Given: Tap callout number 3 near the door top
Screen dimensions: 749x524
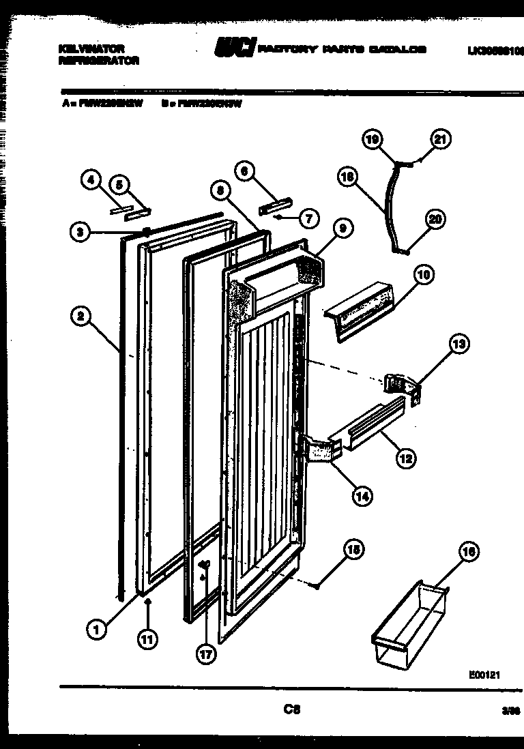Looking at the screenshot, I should [x=81, y=232].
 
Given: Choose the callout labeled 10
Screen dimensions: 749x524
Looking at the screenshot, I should [x=424, y=276].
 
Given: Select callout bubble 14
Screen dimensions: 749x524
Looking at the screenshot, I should [x=362, y=496].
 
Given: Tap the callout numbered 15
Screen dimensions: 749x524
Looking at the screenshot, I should [x=353, y=550].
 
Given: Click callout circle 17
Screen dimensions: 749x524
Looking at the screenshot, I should [x=205, y=653].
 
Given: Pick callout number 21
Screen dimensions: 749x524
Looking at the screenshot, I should [x=440, y=140].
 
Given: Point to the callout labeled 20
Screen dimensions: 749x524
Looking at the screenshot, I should [x=434, y=220].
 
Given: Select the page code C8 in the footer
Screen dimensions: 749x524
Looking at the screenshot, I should [x=292, y=709].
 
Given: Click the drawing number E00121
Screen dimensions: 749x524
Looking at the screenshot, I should [x=485, y=675].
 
